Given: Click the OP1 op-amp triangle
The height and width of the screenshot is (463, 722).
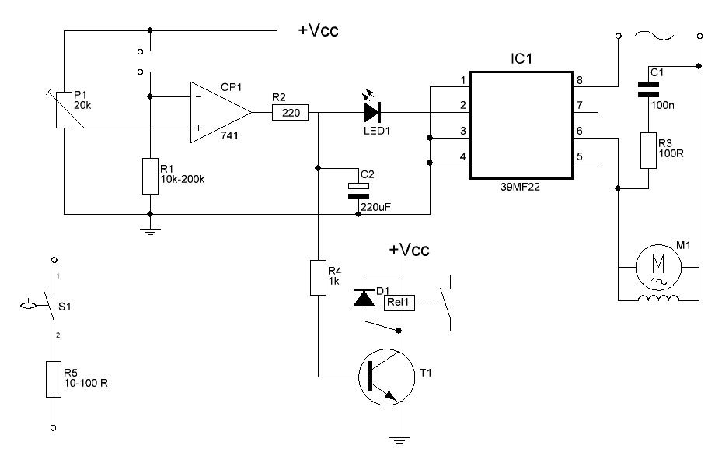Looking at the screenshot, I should pos(218,113).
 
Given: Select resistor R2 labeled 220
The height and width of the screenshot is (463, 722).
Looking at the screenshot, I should pos(291,113).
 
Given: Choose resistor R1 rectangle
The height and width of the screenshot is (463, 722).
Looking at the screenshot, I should pos(149,176).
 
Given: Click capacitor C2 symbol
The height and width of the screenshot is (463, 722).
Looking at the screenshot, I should pos(358,191).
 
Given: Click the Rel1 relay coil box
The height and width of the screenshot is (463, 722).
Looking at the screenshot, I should pos(399,303).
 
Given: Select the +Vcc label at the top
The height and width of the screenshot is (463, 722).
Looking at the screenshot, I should pos(319,31).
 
